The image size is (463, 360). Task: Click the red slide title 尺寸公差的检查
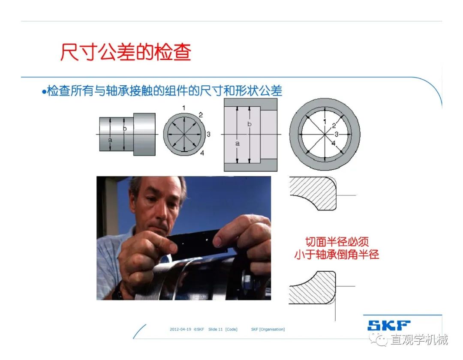point(126,52)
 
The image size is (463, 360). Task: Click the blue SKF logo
point(389,325)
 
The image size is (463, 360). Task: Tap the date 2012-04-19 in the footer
point(180,329)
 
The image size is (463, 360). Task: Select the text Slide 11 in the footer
point(215,329)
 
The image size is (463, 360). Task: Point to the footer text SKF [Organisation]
point(268,329)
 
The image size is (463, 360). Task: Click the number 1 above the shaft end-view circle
point(184,108)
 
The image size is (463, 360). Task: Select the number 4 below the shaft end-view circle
point(202,153)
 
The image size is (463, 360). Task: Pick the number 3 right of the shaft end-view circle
point(208,134)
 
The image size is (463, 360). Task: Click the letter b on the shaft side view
point(125,129)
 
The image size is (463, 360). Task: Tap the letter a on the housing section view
point(238,144)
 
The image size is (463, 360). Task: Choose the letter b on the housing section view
point(250,124)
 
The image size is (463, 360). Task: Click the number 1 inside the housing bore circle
point(325,121)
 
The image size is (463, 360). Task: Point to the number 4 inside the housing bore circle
point(334,144)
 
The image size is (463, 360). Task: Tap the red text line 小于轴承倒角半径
point(337,255)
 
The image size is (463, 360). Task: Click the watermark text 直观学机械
point(419,339)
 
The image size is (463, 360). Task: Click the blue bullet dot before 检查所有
point(44,92)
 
